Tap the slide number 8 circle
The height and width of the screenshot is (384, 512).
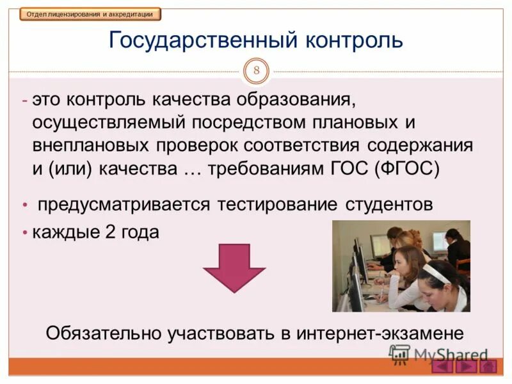(256, 70)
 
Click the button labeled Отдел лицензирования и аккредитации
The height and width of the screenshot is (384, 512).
(90, 14)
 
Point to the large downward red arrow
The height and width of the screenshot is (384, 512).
(234, 268)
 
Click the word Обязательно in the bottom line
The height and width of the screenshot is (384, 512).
(104, 333)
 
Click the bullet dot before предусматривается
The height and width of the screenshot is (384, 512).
(25, 205)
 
